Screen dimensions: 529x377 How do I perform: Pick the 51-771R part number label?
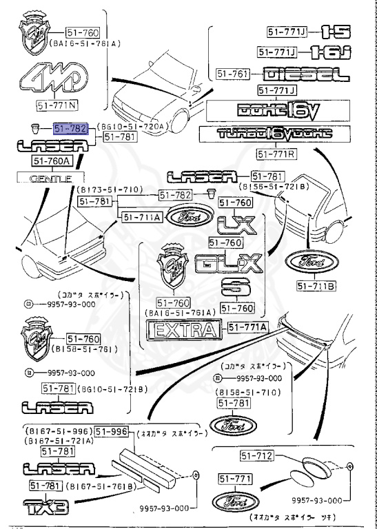click(x=276, y=153)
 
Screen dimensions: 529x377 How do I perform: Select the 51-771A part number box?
click(x=247, y=328)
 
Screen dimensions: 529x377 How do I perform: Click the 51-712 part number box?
click(x=256, y=456)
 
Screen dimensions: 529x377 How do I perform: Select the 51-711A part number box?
click(x=141, y=218)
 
